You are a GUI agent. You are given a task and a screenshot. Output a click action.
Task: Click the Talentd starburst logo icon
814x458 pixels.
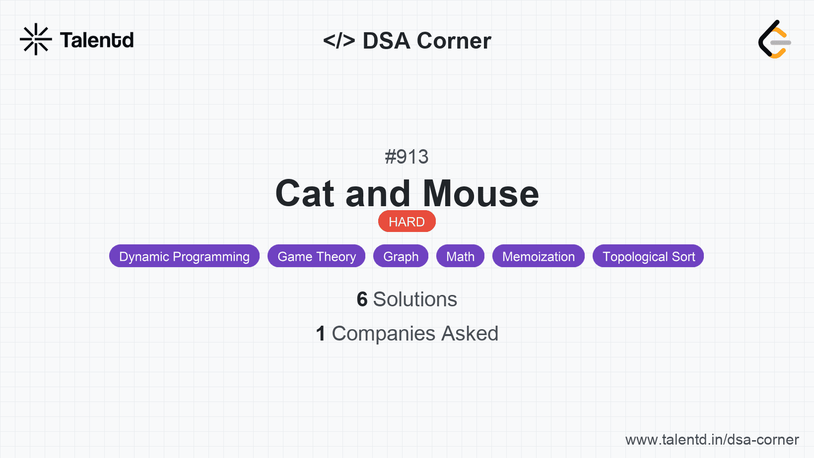(36, 39)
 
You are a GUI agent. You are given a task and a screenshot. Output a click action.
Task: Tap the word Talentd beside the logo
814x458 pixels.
(97, 40)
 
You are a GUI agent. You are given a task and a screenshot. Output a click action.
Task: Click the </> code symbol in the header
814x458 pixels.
(339, 40)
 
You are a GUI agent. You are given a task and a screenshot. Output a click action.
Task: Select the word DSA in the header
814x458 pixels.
(386, 40)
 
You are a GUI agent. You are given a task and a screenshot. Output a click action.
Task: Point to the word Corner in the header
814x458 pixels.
(454, 40)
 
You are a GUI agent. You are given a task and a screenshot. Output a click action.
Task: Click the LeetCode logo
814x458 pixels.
(774, 39)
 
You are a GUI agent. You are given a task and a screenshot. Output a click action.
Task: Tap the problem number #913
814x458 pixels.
(407, 157)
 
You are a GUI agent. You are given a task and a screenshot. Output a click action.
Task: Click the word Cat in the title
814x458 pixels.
(305, 193)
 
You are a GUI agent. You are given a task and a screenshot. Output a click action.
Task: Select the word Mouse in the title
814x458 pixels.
(481, 193)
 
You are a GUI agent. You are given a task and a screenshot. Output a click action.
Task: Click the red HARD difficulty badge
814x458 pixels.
(407, 222)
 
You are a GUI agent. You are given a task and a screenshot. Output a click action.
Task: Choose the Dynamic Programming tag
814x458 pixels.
(184, 256)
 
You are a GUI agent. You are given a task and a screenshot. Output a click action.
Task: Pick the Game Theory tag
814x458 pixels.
(317, 256)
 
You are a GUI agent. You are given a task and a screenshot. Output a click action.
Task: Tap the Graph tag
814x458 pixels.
(401, 256)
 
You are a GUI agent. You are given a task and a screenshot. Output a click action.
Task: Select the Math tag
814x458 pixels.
(461, 256)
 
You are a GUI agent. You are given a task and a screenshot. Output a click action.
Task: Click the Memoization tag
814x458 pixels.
(539, 256)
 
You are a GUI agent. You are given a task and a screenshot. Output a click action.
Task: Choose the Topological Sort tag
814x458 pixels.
(648, 256)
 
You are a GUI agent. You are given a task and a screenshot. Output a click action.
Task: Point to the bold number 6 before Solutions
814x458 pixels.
(362, 299)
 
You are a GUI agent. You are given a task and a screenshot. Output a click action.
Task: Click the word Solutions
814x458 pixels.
(415, 299)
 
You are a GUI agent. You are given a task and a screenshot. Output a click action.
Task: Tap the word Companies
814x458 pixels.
(383, 334)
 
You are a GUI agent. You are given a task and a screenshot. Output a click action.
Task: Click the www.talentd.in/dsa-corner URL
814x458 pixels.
(712, 440)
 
